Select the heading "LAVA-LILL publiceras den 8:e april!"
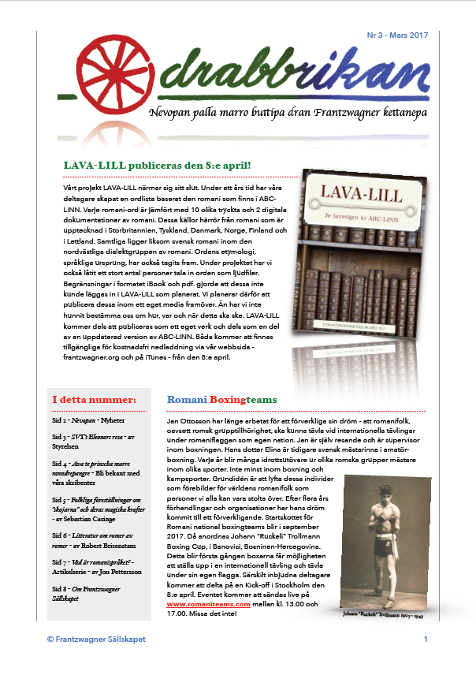[158, 166]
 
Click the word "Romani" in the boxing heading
[186, 400]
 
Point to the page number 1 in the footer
[426, 639]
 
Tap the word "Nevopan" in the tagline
[172, 114]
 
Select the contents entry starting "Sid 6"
[94, 539]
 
